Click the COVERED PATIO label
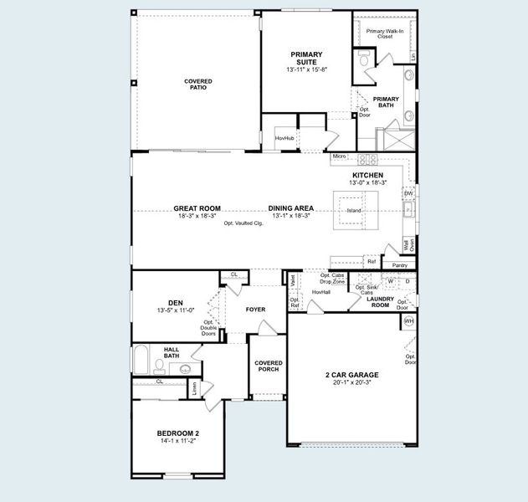198,85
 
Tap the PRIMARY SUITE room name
306,58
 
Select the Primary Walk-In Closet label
383,33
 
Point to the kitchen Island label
354,210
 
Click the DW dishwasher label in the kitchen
408,193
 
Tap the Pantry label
399,265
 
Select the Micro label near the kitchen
339,156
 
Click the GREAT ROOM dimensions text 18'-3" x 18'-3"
197,216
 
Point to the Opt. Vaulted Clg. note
243,224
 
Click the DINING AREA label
291,207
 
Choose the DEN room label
175,303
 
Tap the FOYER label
255,310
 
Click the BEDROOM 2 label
178,433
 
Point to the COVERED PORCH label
268,366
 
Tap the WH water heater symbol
409,320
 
